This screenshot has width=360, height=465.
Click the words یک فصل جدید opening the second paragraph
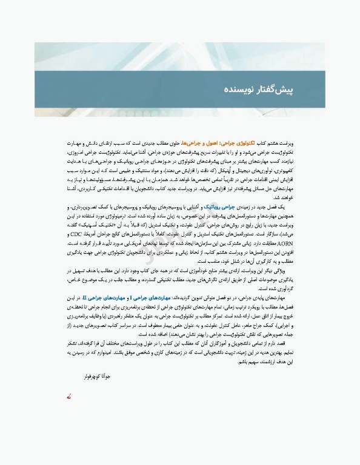[274, 206]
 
